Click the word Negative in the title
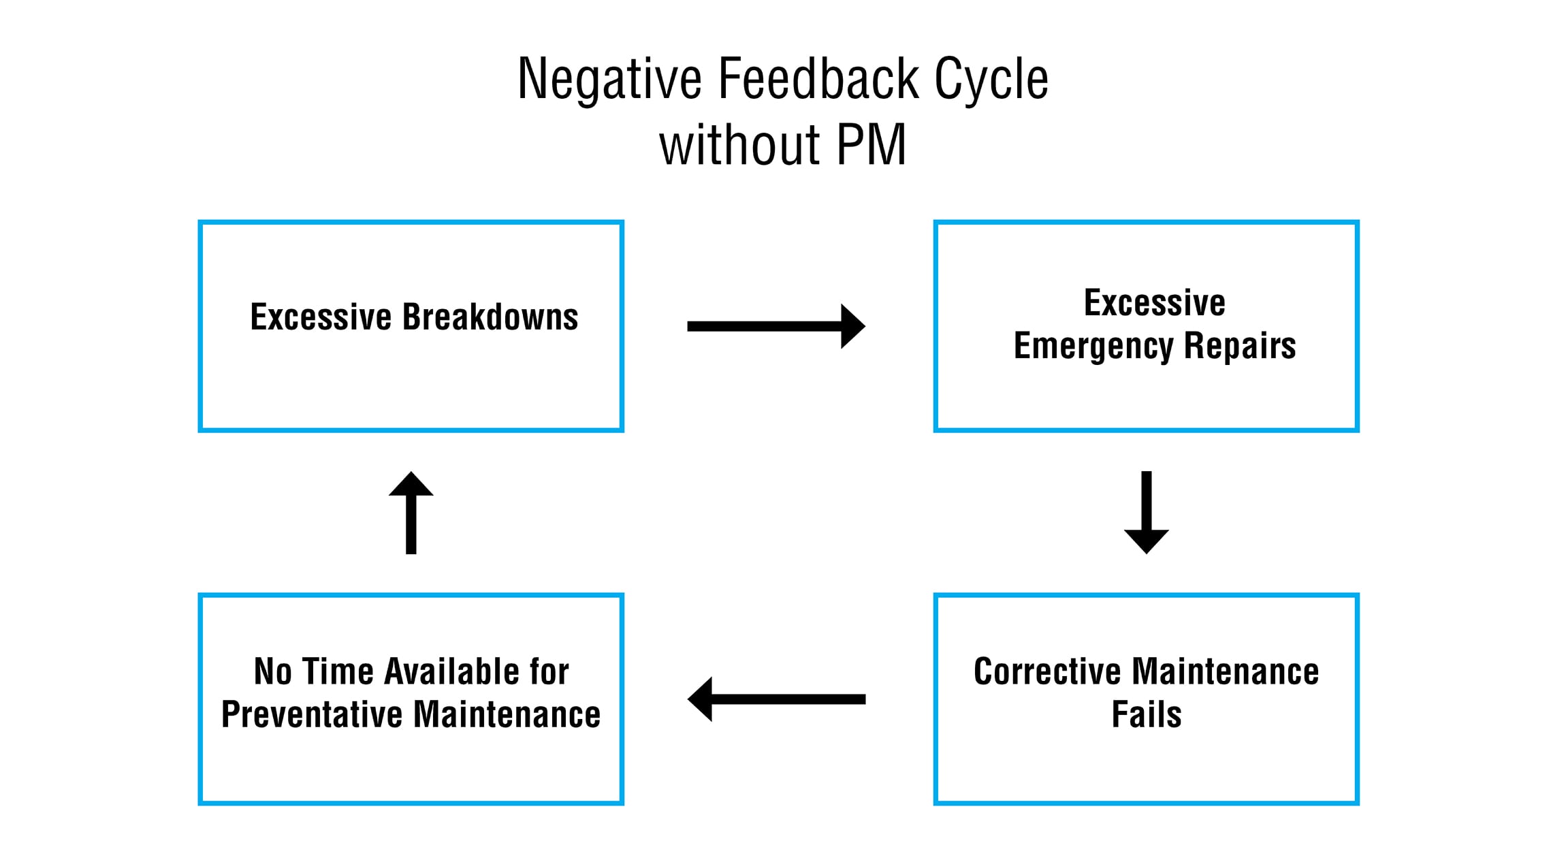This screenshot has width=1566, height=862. (609, 80)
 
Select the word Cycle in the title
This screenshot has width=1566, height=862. (991, 80)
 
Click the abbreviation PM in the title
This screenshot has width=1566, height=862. (871, 144)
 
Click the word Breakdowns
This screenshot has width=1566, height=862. (490, 317)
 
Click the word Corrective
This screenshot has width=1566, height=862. (1047, 671)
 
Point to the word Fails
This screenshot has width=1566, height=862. (1147, 714)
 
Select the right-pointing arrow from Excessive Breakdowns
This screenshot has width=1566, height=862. (776, 326)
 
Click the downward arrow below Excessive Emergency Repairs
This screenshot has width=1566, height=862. (1147, 512)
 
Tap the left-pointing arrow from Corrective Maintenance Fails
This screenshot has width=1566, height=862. (776, 699)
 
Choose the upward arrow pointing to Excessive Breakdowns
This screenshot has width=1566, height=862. (411, 512)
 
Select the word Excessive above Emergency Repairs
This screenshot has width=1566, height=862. (1155, 302)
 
